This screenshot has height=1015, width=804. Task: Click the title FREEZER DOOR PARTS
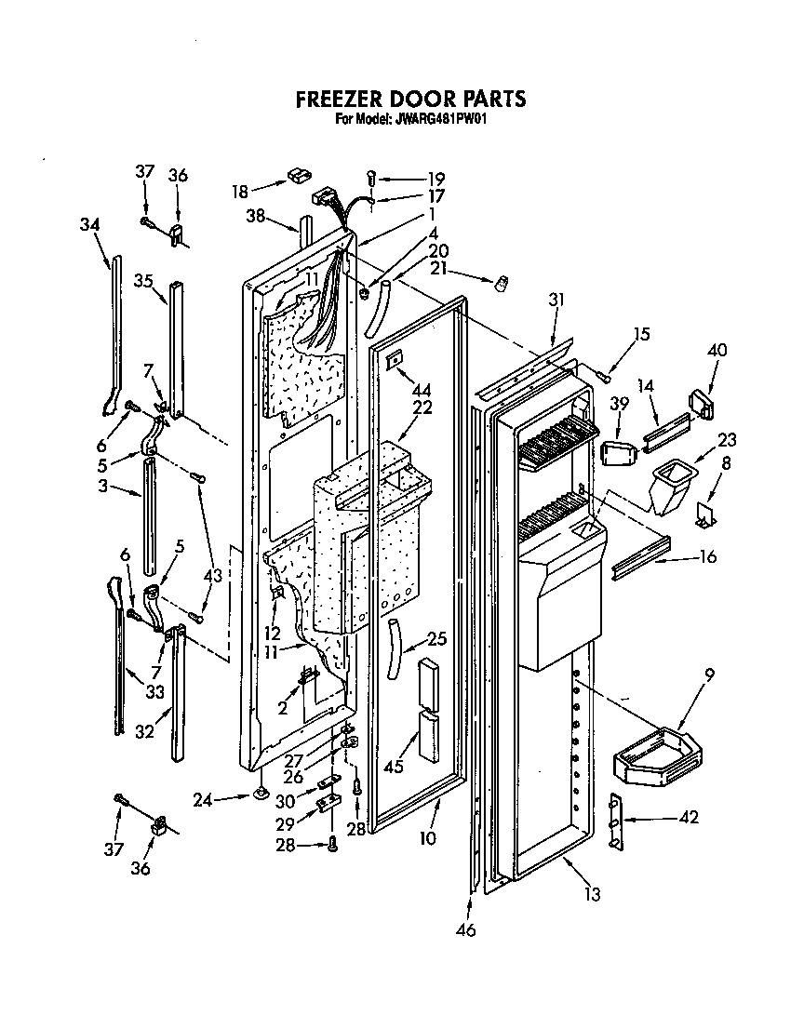point(409,99)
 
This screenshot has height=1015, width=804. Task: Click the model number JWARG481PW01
point(442,119)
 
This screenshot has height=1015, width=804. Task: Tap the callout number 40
point(717,351)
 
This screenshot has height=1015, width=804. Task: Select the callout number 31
point(556,300)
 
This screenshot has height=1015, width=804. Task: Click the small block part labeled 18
point(298,174)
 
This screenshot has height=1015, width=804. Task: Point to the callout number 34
point(90,225)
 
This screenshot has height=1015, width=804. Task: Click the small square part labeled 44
point(395,358)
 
